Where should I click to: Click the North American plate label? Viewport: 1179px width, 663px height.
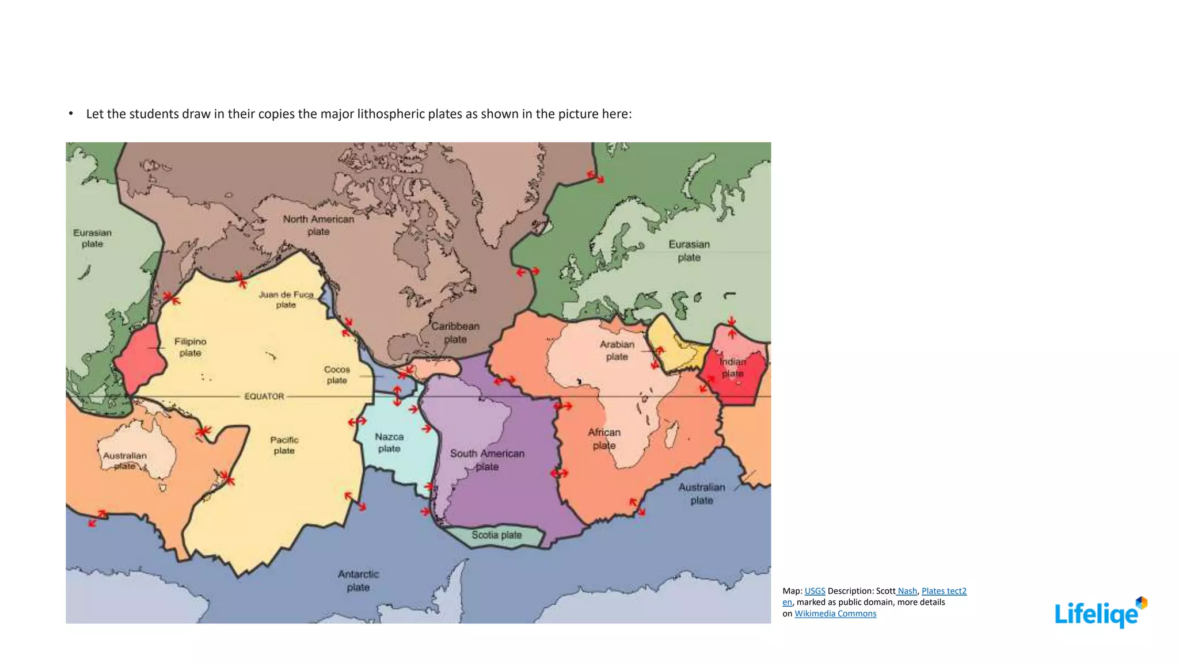(x=318, y=225)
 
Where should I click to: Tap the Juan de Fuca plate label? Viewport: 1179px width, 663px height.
(x=286, y=299)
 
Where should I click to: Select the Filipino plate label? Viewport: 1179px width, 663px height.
(x=190, y=347)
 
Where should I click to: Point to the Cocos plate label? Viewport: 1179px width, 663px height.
(x=337, y=375)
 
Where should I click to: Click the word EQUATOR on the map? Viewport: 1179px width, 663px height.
(x=264, y=396)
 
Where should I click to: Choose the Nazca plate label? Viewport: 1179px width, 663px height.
(x=389, y=443)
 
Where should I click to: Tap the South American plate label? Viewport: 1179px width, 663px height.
(x=487, y=460)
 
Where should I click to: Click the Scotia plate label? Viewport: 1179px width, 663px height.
(x=496, y=535)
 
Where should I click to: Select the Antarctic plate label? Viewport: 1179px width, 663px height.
(x=358, y=581)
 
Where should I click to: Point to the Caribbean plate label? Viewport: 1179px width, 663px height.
(x=455, y=333)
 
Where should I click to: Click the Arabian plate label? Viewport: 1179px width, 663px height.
(x=617, y=350)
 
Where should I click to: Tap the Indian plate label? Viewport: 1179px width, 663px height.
(x=733, y=367)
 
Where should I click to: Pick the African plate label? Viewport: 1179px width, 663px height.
(x=604, y=439)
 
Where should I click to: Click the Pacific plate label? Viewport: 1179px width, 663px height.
(x=284, y=445)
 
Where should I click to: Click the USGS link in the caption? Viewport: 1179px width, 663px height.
(x=815, y=591)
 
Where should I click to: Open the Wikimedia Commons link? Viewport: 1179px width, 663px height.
(x=835, y=614)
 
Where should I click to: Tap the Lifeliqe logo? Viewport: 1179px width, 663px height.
(x=1100, y=612)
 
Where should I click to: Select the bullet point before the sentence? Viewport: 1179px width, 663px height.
(x=71, y=113)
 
